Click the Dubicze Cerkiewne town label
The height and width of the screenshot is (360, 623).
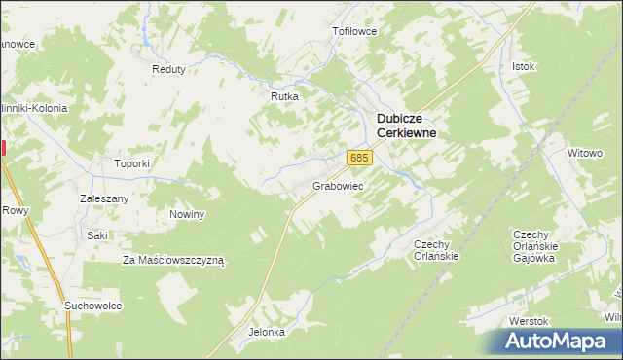click(x=406, y=126)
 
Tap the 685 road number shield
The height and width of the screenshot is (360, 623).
click(x=359, y=158)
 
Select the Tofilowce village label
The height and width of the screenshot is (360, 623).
click(x=354, y=31)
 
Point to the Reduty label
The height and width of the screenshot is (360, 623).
click(x=168, y=69)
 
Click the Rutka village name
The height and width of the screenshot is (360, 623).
click(x=283, y=96)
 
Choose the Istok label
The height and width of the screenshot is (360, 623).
click(x=524, y=66)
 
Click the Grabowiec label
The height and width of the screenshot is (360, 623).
click(x=338, y=185)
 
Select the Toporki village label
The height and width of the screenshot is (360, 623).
click(x=131, y=163)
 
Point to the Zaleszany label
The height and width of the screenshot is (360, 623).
click(x=104, y=198)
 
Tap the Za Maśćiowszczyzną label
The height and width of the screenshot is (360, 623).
click(x=173, y=261)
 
